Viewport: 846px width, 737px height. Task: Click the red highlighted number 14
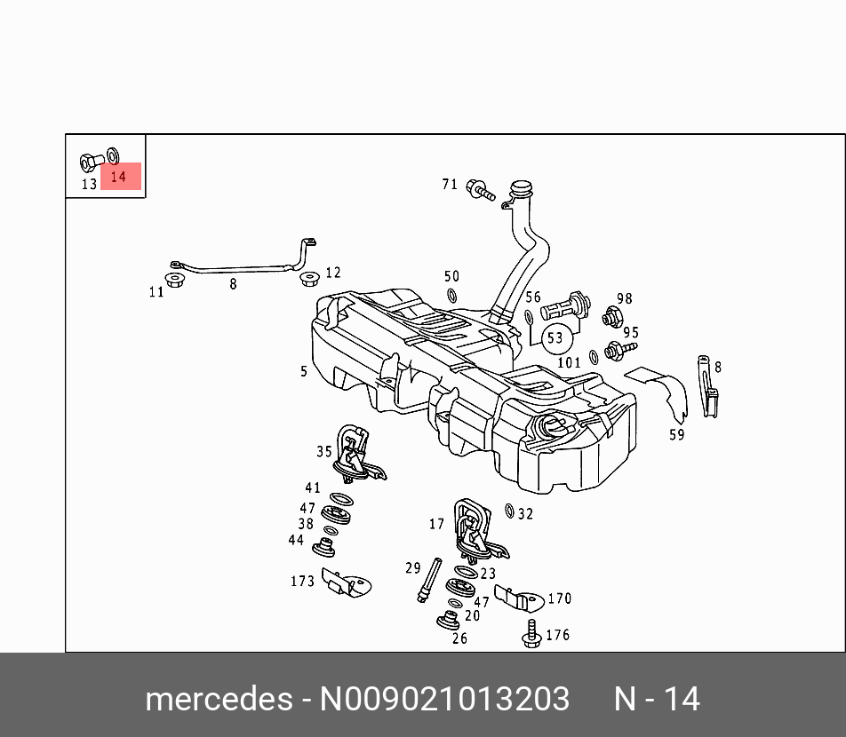click(119, 177)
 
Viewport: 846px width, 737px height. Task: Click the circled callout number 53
click(555, 337)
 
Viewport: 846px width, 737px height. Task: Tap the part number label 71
click(450, 185)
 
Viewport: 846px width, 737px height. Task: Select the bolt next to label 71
click(481, 189)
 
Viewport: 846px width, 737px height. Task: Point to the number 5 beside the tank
click(304, 372)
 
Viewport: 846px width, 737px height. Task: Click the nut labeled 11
click(175, 282)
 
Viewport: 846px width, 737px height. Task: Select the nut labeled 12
click(309, 280)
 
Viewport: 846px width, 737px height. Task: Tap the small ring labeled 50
click(451, 296)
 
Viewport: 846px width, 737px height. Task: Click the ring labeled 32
click(509, 511)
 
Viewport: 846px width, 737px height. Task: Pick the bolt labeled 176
click(532, 633)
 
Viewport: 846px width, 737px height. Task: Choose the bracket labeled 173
click(346, 582)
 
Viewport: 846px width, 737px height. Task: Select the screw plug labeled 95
click(612, 350)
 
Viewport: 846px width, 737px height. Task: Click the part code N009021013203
click(444, 700)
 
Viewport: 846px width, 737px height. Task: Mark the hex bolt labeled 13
click(88, 162)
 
